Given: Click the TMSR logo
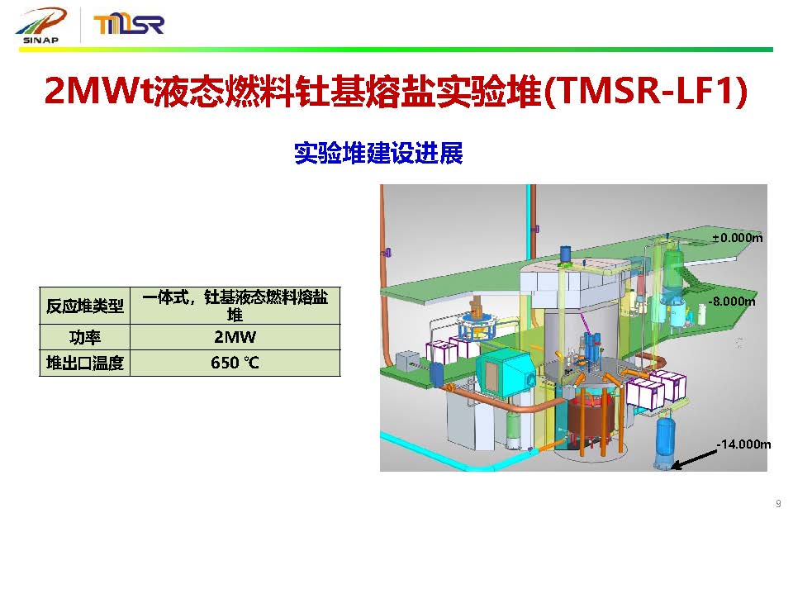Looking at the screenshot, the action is [x=129, y=24].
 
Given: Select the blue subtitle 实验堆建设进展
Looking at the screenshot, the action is [x=378, y=153].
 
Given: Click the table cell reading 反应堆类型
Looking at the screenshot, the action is [x=85, y=306].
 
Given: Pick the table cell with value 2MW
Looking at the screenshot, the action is [x=235, y=337].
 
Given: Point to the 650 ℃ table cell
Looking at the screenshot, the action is [x=235, y=363].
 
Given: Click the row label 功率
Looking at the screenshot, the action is [x=85, y=337].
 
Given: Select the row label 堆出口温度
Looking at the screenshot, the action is [x=85, y=363].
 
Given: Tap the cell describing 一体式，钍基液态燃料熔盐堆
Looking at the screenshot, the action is [x=235, y=306].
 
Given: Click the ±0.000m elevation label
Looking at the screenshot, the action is [x=738, y=238].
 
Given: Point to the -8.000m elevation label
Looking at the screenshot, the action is [x=732, y=302].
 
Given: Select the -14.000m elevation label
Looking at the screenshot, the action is [x=743, y=444].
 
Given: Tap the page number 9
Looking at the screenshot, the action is [x=778, y=504].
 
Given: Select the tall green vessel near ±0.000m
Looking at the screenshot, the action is [x=672, y=270].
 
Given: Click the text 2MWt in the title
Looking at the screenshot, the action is [x=98, y=91].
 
